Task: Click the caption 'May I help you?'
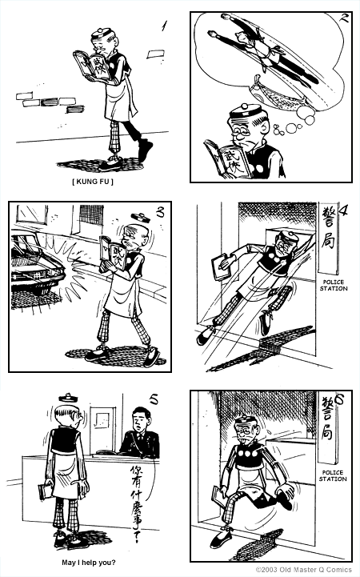(89, 563)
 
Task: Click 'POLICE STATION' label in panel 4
(333, 285)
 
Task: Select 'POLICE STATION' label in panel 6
(333, 475)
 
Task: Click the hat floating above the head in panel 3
(140, 217)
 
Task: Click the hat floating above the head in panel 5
(67, 398)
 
